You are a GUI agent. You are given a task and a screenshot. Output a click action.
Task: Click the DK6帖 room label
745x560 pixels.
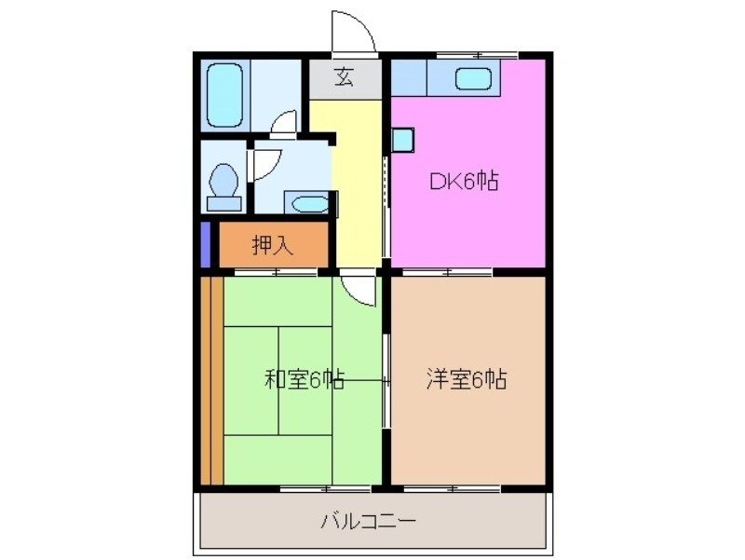click(463, 182)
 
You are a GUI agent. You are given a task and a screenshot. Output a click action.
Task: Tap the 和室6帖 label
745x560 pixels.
click(305, 379)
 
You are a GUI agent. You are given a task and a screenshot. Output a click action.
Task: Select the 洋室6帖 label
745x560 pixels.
click(467, 379)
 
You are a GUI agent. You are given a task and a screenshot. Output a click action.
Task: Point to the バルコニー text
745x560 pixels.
click(369, 520)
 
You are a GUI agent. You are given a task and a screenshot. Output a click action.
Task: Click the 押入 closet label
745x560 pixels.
click(273, 246)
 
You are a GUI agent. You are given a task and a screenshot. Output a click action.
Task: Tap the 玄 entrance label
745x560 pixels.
click(345, 78)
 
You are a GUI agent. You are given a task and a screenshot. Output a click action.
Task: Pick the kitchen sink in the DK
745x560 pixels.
click(476, 78)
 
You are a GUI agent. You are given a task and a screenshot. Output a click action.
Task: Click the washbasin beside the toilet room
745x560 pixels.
click(305, 203)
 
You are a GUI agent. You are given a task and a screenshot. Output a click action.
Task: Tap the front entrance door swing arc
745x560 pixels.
click(354, 33)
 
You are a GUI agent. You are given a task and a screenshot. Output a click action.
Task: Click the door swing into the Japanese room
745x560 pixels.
click(359, 288)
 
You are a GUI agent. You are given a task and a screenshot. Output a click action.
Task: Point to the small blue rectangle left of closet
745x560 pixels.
click(205, 243)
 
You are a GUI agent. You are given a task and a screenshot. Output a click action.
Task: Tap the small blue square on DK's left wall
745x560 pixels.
click(401, 140)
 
